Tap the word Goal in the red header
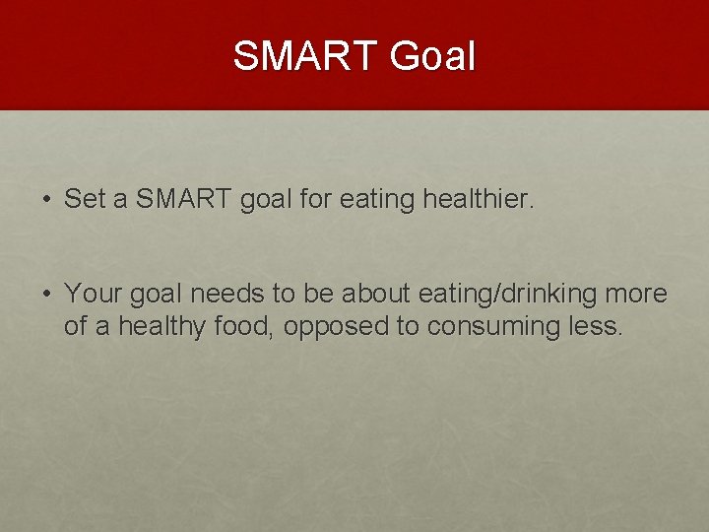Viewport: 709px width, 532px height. [432, 56]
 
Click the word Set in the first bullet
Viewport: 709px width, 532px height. [85, 200]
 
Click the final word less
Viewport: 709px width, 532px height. [599, 326]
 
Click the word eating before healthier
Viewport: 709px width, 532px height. [376, 200]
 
